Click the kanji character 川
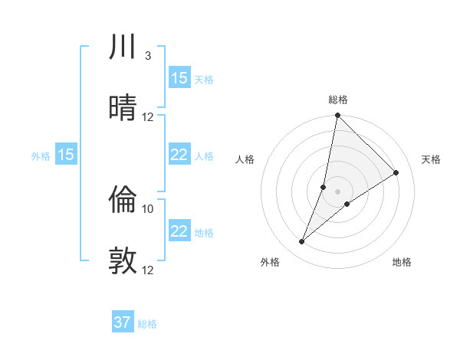[123, 47]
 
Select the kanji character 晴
[123, 107]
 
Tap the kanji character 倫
[123, 200]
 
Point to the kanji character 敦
[123, 260]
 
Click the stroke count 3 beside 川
[147, 56]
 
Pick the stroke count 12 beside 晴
[148, 116]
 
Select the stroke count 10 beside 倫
[148, 208]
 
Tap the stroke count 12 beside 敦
[148, 270]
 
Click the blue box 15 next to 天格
[179, 78]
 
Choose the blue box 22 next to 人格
[179, 155]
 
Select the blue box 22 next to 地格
[179, 231]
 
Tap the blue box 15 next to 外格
[66, 155]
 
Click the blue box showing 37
[123, 322]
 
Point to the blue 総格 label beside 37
[147, 324]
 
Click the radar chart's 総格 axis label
[337, 100]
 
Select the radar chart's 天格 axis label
[431, 159]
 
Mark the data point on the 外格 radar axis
[302, 242]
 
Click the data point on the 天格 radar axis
[396, 173]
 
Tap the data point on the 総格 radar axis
[337, 116]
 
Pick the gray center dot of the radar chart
[337, 191]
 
